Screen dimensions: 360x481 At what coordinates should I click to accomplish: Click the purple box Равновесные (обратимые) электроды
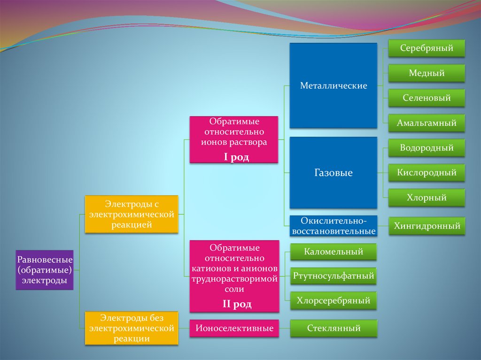point(45,270)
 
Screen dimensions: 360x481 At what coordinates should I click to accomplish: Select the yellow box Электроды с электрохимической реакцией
point(132,214)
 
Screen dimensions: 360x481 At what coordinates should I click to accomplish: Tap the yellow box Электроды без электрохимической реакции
point(132,328)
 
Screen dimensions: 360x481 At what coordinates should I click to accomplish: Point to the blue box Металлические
point(333,86)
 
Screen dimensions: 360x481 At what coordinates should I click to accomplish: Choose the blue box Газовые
point(333,173)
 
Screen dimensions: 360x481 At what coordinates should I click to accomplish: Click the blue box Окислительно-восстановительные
point(333,226)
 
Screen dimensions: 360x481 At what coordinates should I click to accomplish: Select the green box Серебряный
point(427,48)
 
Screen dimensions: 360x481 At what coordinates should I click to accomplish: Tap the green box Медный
point(427,73)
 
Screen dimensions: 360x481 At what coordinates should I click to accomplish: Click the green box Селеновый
point(427,98)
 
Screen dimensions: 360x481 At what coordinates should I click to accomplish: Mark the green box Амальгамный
point(427,123)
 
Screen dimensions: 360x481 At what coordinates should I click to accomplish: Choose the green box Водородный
point(427,148)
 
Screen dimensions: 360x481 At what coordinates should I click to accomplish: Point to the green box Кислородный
point(427,173)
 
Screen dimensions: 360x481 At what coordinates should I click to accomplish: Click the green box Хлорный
point(427,198)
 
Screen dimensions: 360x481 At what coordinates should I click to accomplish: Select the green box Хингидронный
point(427,226)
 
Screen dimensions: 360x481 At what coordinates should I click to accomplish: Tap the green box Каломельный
point(334,252)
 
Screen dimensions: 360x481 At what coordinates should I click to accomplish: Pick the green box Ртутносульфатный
point(334,276)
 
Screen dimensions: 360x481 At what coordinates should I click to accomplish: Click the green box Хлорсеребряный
point(334,300)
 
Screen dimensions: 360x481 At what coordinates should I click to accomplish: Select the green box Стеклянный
point(334,329)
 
